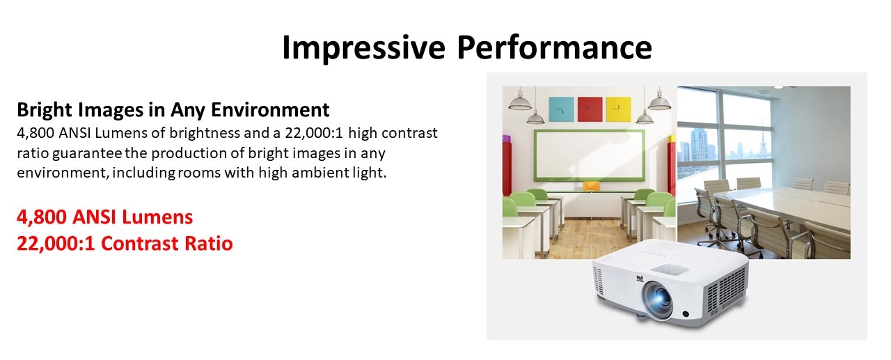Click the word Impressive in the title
click(x=363, y=48)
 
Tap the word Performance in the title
click(x=555, y=47)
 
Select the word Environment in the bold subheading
click(x=270, y=109)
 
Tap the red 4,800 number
click(x=41, y=217)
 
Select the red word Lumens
click(x=157, y=217)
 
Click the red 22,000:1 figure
click(x=56, y=244)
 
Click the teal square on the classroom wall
click(x=561, y=109)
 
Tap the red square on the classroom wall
click(x=590, y=109)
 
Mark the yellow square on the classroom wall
click(x=619, y=109)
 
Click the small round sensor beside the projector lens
click(x=686, y=314)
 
